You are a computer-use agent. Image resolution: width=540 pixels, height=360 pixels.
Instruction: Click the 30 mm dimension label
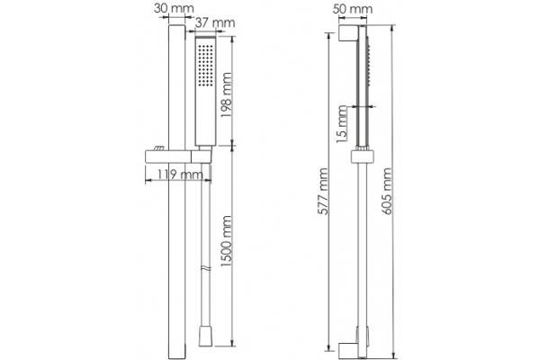click(174, 8)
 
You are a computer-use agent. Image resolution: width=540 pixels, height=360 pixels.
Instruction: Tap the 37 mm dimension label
click(215, 22)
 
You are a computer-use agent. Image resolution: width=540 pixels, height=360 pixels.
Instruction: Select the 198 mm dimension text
click(226, 95)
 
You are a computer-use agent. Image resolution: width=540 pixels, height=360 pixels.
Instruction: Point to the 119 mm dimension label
click(180, 175)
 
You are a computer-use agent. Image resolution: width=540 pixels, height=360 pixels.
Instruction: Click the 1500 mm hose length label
click(226, 241)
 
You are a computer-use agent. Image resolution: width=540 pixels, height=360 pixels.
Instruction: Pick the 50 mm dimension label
click(353, 9)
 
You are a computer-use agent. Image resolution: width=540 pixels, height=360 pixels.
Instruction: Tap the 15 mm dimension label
click(341, 121)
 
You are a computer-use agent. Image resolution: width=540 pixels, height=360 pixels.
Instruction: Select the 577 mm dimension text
click(323, 191)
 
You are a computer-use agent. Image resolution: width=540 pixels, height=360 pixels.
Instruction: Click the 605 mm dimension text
click(387, 191)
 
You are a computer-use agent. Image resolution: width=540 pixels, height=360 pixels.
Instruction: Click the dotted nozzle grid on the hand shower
click(205, 66)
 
